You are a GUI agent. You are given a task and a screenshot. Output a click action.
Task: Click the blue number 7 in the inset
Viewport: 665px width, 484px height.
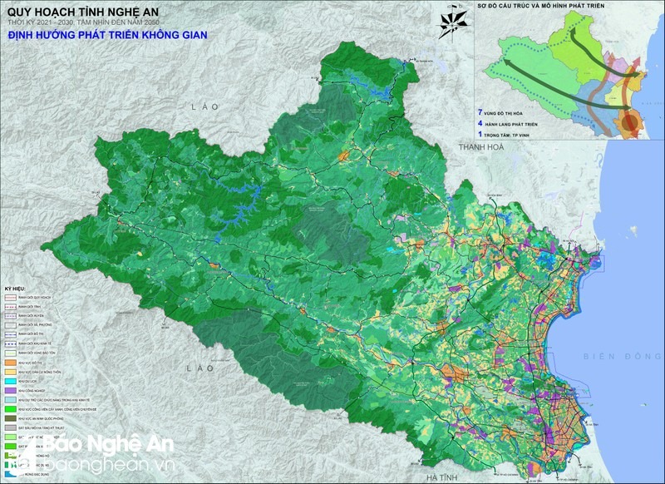tap(480, 111)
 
